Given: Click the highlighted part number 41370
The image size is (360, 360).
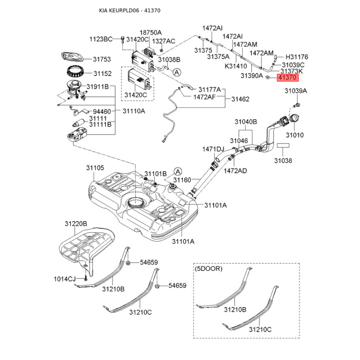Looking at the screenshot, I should click(x=288, y=78).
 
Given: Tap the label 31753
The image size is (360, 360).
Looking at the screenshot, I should click(x=102, y=59).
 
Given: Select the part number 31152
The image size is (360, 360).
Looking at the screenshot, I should click(x=102, y=73).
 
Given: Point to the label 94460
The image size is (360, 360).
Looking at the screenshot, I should click(x=102, y=111).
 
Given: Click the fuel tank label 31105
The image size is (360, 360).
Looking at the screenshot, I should click(x=95, y=167).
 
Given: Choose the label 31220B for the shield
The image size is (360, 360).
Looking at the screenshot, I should click(x=76, y=224).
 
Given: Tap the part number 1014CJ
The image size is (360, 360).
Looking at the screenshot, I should click(x=65, y=279).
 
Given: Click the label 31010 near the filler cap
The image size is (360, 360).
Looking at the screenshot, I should click(x=295, y=135).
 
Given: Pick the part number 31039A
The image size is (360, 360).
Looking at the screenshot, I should click(x=296, y=91).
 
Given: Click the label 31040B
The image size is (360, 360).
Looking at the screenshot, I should click(x=245, y=122).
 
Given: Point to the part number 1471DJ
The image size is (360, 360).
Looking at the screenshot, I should click(x=213, y=149).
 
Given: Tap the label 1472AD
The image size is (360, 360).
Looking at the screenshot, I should click(x=235, y=171).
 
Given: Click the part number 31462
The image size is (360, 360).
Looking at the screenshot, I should click(x=240, y=99).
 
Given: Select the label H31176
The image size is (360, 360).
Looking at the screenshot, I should click(x=297, y=57).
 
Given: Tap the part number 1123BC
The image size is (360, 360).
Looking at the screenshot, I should click(x=100, y=39).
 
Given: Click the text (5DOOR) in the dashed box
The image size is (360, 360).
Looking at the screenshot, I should click(x=209, y=269).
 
